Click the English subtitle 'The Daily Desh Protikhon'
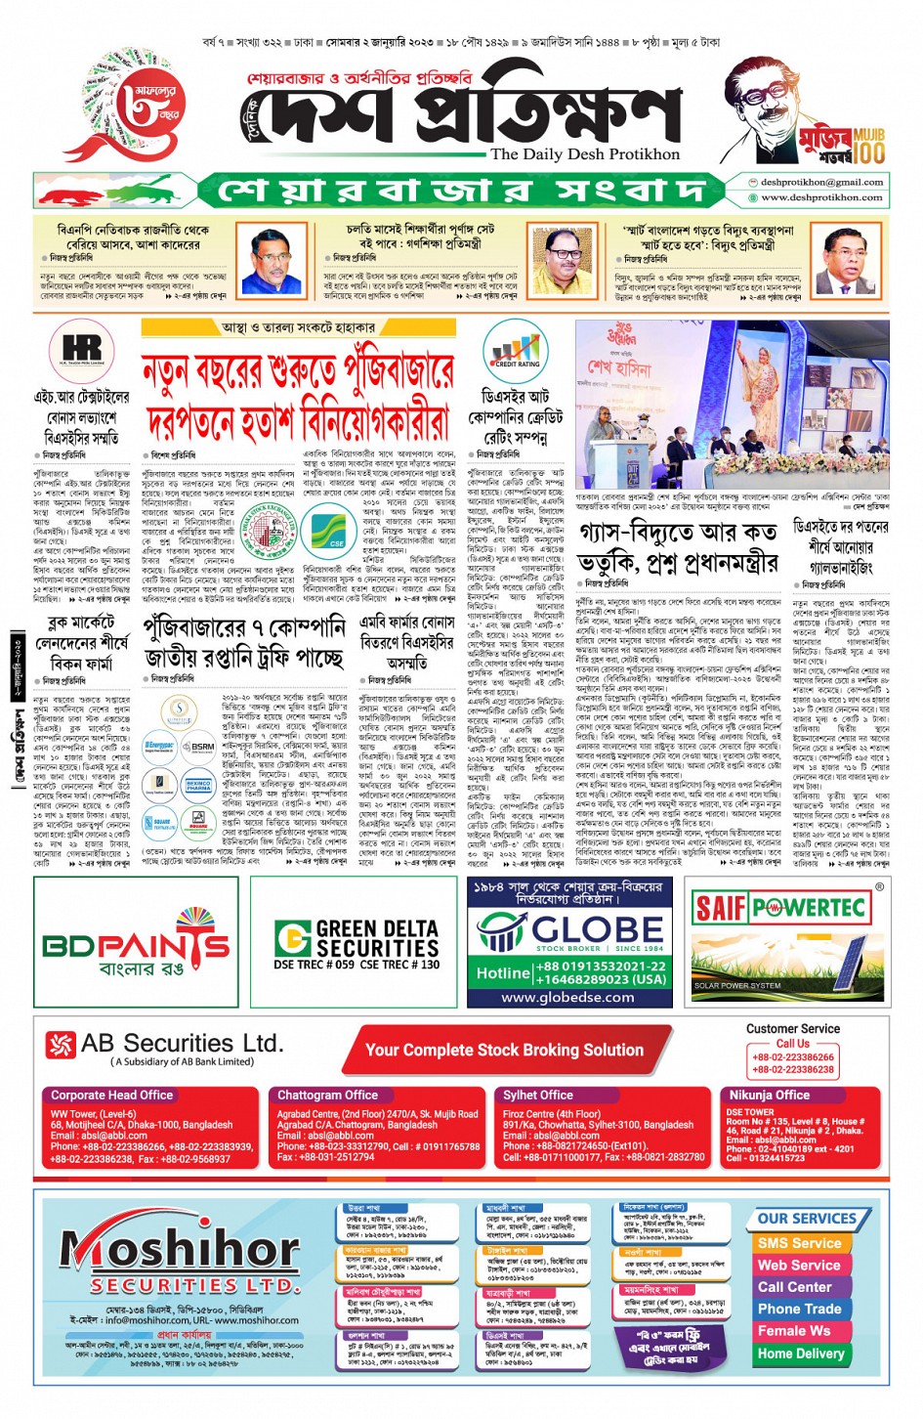pyautogui.click(x=585, y=154)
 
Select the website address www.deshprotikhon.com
pyautogui.click(x=821, y=197)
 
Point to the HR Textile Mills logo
pyautogui.click(x=82, y=351)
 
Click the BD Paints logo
pyautogui.click(x=137, y=944)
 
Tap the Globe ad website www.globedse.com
pyautogui.click(x=567, y=998)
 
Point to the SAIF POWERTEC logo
pyautogui.click(x=780, y=908)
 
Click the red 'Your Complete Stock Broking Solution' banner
pyautogui.click(x=504, y=1051)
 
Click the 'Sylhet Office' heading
pyautogui.click(x=538, y=1096)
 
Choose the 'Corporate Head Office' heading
pyautogui.click(x=111, y=1096)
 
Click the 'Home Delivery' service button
pyautogui.click(x=800, y=1354)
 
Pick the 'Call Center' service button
pyautogui.click(x=794, y=1287)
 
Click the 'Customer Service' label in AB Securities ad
pyautogui.click(x=792, y=1028)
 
